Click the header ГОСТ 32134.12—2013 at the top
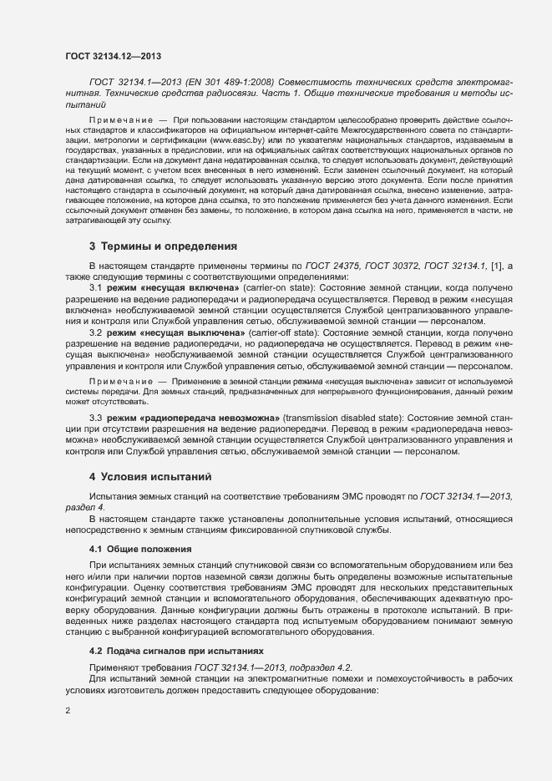click(x=113, y=56)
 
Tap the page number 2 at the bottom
click(x=68, y=711)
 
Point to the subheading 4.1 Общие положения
click(x=141, y=549)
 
